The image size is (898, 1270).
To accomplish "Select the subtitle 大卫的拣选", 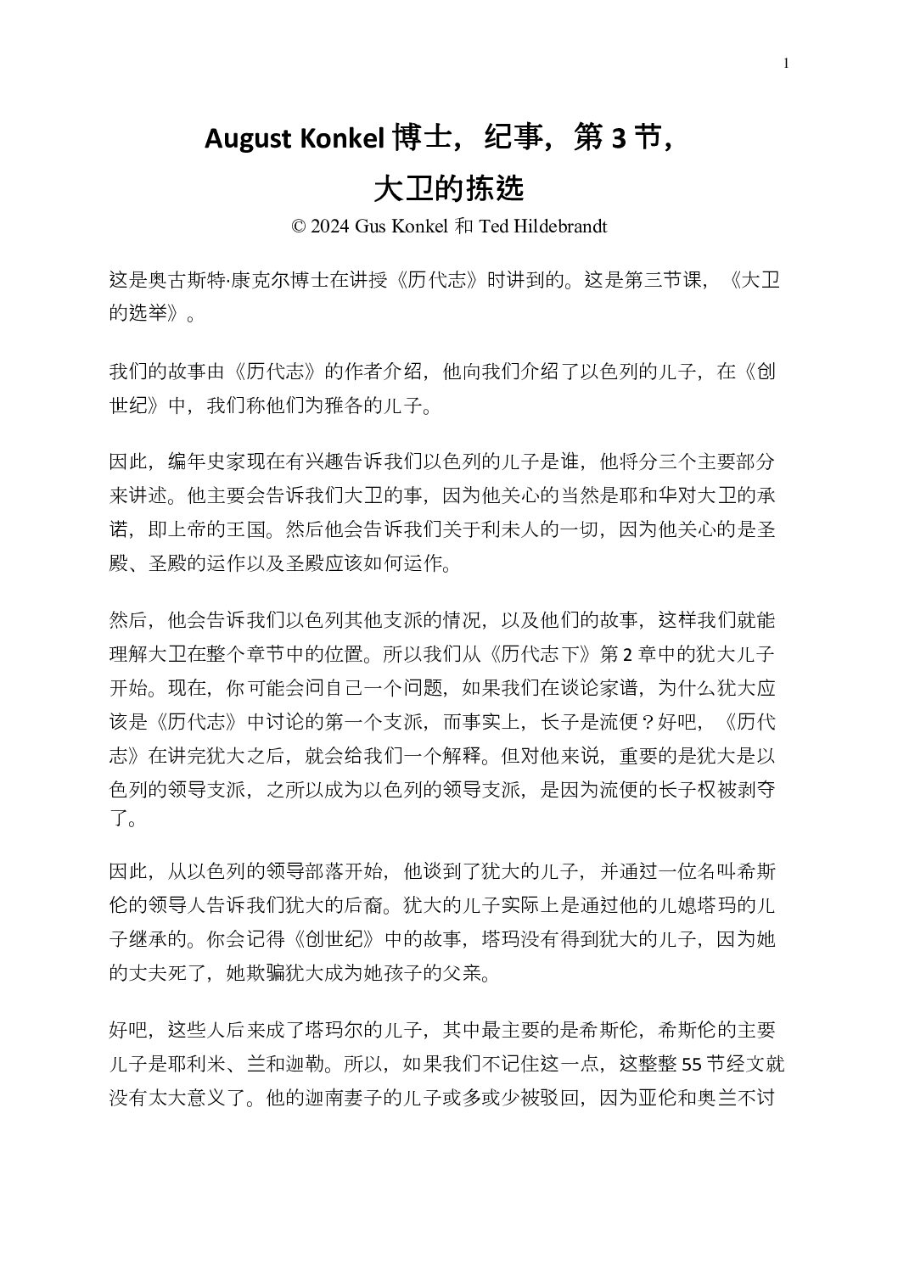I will pos(448,187).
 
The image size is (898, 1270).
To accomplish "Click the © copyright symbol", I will pos(297,227).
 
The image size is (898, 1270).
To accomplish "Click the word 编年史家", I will pos(206,462).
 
